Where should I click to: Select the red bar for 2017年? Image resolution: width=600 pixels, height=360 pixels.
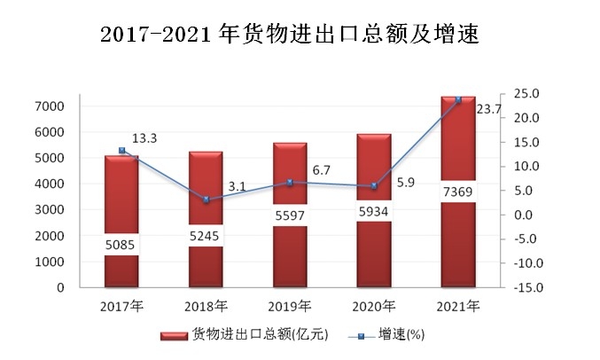click(121, 221)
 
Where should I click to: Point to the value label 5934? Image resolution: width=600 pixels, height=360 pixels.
click(374, 212)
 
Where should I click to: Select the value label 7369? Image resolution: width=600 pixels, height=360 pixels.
click(458, 192)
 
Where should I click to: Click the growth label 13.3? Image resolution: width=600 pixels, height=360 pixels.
click(144, 138)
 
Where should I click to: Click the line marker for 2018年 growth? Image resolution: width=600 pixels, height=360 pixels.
click(206, 200)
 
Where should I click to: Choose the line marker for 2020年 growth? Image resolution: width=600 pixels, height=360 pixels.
click(374, 186)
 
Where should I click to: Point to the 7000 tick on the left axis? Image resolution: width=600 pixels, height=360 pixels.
click(50, 106)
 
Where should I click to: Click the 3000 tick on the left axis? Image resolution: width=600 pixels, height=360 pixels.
click(50, 210)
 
